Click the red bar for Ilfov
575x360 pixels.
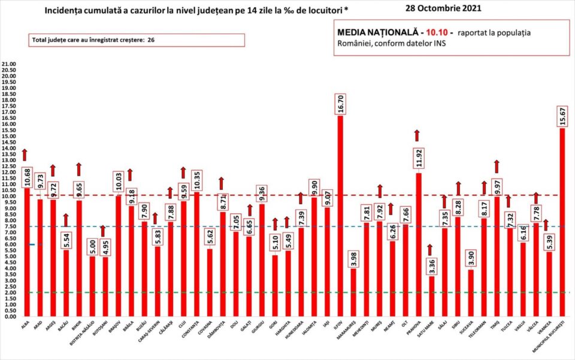click(340, 216)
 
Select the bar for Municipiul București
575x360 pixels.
click(562, 222)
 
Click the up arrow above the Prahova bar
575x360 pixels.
click(417, 135)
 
